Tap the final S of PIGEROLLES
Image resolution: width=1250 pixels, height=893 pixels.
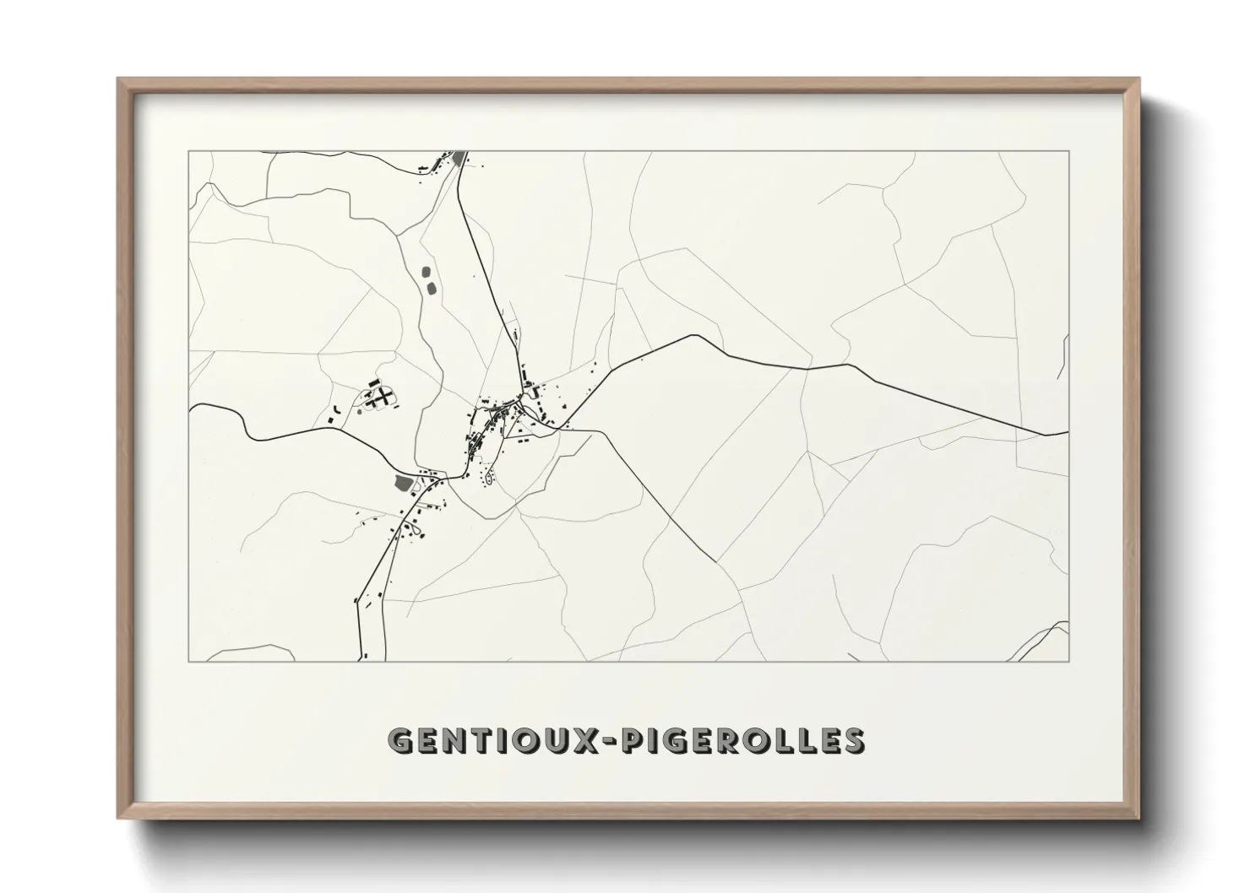coord(853,741)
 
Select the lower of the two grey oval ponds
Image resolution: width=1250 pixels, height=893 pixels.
coord(432,289)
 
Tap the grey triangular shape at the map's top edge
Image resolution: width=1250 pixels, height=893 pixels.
coord(460,158)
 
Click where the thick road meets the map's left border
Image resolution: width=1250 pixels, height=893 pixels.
coord(190,406)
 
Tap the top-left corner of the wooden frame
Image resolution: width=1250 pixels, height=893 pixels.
coord(120,80)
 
